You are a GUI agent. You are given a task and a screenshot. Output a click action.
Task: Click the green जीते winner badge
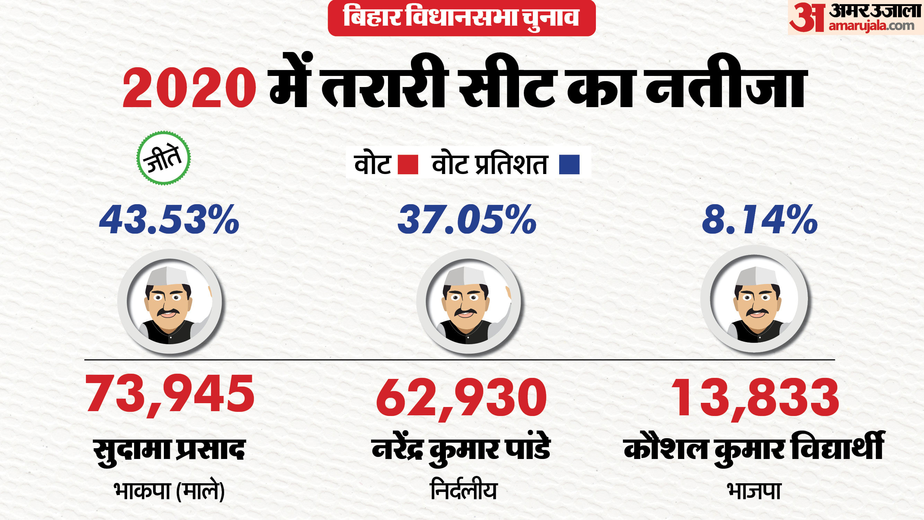(x=164, y=158)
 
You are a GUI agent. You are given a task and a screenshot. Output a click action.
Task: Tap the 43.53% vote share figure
(x=169, y=220)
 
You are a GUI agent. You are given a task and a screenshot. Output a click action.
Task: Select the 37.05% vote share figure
(x=467, y=220)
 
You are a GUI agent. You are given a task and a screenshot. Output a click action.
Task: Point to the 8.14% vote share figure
(x=759, y=220)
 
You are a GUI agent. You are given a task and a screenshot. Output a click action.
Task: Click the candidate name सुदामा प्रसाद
(x=169, y=450)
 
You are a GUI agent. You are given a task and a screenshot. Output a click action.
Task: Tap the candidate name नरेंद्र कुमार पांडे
(x=461, y=450)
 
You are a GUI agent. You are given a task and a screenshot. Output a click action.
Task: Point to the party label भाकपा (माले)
(x=169, y=491)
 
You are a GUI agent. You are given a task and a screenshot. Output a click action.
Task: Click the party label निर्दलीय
(x=464, y=491)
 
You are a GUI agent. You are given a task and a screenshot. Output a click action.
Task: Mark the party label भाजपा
(x=754, y=491)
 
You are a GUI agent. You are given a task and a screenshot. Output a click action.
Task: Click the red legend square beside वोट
(x=408, y=164)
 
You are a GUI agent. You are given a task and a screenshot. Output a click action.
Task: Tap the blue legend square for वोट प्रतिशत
(x=569, y=164)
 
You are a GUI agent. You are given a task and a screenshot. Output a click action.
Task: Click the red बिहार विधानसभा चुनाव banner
(x=461, y=17)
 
